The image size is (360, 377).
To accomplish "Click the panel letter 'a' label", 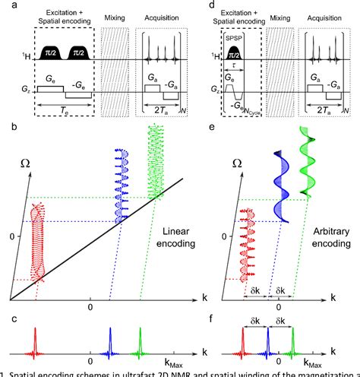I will click(x=5, y=5).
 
